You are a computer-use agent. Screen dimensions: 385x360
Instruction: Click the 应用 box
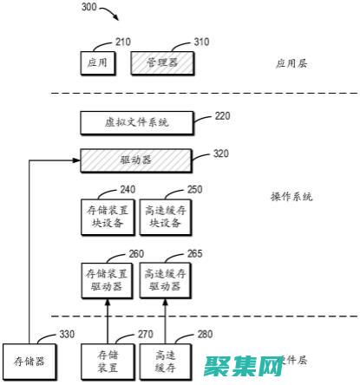(97, 63)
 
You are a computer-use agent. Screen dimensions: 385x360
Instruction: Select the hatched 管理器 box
(161, 63)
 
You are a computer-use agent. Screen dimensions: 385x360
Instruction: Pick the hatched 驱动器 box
(136, 160)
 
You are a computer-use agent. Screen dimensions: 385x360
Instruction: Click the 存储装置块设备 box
(107, 216)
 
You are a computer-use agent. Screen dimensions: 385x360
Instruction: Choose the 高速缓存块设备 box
(165, 216)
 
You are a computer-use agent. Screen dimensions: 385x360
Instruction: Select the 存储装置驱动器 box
(107, 279)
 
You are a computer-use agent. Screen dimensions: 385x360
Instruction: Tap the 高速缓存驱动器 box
(165, 279)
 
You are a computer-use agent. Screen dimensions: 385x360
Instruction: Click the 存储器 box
(29, 360)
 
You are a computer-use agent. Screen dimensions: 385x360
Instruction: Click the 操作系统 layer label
(291, 197)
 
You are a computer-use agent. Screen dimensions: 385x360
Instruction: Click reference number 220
(223, 114)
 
